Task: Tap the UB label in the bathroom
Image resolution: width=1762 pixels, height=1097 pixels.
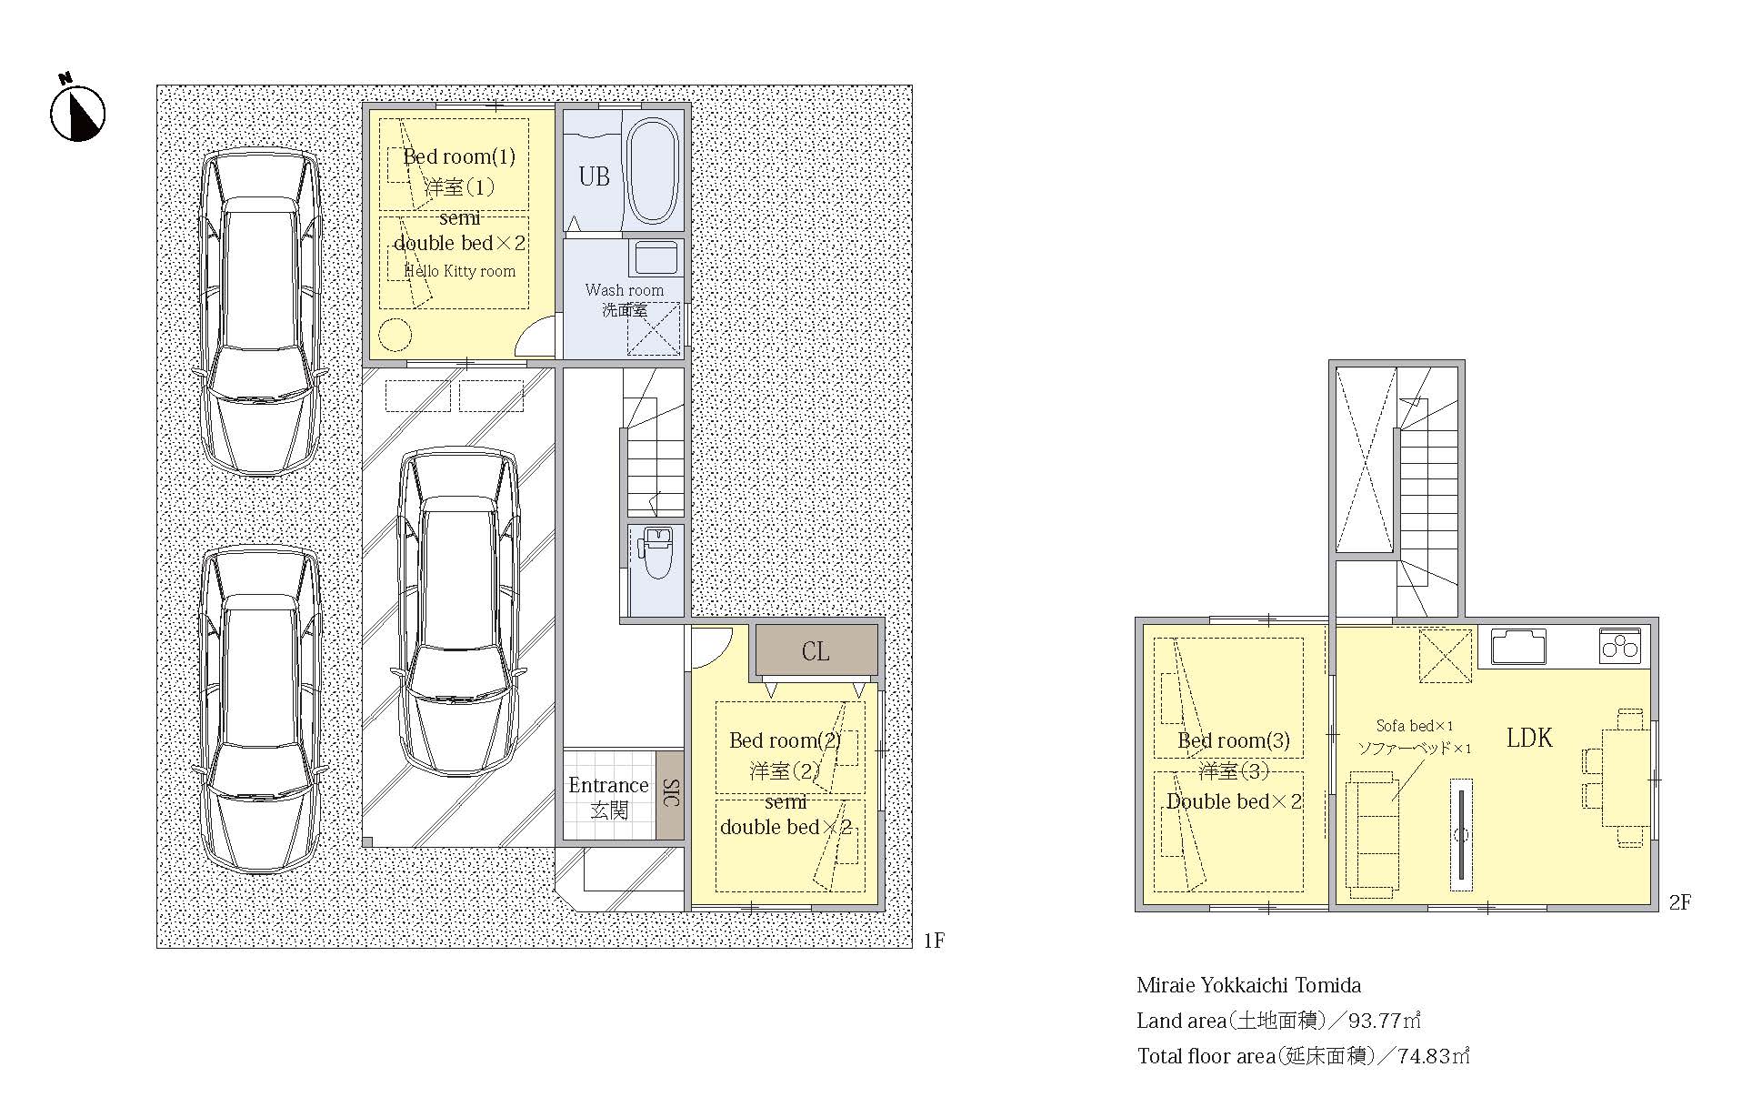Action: [x=595, y=176]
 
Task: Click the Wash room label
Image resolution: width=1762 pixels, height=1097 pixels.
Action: [x=625, y=290]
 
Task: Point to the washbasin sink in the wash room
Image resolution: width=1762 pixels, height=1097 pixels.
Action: [x=656, y=258]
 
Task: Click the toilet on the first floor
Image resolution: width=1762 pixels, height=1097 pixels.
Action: [x=655, y=551]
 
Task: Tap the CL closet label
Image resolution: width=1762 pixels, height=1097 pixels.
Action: [x=816, y=651]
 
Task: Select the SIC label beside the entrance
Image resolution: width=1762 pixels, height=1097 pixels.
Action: [x=670, y=793]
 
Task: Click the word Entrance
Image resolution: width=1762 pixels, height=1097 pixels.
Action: [x=608, y=785]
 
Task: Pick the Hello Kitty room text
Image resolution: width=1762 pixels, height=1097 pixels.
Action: [x=460, y=271]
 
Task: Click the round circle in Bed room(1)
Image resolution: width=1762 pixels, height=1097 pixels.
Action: [x=395, y=336]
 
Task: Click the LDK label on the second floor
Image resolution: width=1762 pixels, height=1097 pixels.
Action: [x=1529, y=738]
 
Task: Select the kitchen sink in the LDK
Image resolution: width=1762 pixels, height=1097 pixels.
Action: [x=1518, y=647]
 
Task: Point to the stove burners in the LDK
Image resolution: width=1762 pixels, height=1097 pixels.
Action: [x=1620, y=645]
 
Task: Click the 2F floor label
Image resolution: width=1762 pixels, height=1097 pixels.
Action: [x=1679, y=902]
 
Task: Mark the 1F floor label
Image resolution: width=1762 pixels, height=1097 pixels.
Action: [x=934, y=941]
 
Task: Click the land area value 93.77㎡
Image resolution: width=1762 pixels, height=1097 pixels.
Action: [x=1384, y=1021]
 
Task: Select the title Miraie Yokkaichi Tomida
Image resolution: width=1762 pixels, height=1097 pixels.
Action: [x=1248, y=985]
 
